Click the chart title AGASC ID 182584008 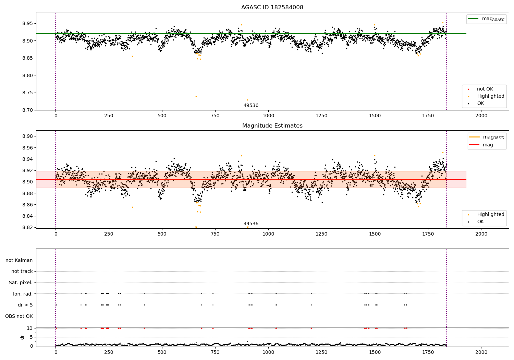(x=272, y=8)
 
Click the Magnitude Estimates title (x=272, y=126)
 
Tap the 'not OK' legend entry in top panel (x=485, y=89)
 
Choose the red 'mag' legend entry (x=488, y=145)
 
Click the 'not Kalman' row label (x=19, y=260)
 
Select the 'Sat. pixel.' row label (x=21, y=283)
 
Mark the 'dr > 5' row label (x=25, y=305)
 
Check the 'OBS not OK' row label (x=19, y=316)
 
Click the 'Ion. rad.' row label (x=23, y=294)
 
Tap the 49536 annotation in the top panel (x=251, y=106)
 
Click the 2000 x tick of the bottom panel (x=481, y=352)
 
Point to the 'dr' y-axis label (x=22, y=337)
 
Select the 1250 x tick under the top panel (x=321, y=116)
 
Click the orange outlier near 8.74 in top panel (x=196, y=96)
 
